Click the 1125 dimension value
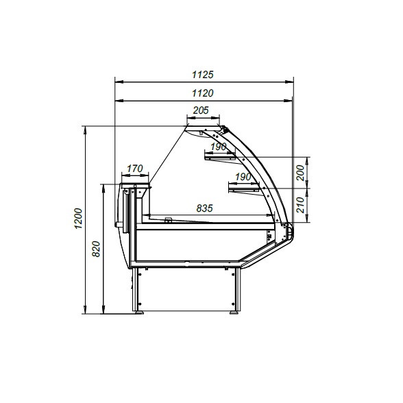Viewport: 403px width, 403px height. pyautogui.click(x=203, y=75)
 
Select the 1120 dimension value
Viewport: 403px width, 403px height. pyautogui.click(x=203, y=93)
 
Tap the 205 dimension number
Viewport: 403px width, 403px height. pyautogui.click(x=201, y=110)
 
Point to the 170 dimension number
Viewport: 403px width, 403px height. pyautogui.click(x=134, y=169)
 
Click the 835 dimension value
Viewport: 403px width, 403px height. pyautogui.click(x=204, y=208)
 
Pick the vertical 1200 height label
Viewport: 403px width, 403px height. pyautogui.click(x=78, y=219)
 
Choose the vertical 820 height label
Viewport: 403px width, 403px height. pyautogui.click(x=96, y=249)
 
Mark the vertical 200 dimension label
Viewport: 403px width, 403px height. pyautogui.click(x=300, y=173)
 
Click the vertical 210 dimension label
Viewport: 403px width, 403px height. pyautogui.click(x=300, y=205)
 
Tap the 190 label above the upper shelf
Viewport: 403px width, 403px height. pyautogui.click(x=219, y=147)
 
